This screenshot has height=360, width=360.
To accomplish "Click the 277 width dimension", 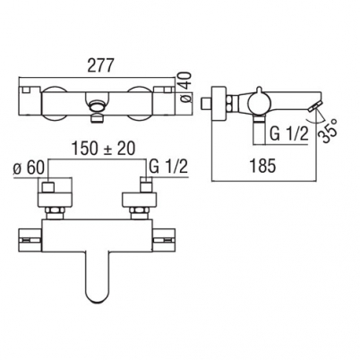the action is point(100,65).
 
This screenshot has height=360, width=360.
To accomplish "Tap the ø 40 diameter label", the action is point(185,89).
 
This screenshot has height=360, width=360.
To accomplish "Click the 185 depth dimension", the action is point(262,166).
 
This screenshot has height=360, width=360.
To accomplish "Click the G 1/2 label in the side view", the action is point(288,134).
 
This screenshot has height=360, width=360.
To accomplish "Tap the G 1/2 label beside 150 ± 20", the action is point(168,167).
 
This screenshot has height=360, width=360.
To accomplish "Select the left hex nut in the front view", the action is point(55,214).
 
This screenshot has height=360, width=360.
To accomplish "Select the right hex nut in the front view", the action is point(138,214).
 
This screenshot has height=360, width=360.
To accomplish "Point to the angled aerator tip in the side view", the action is point(314,107).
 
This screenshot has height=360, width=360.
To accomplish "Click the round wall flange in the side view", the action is point(219,104).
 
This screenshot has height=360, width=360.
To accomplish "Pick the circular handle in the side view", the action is point(259,103).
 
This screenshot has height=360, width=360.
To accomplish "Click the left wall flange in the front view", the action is point(55,200).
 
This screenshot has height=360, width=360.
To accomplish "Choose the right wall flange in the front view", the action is point(140,200).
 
